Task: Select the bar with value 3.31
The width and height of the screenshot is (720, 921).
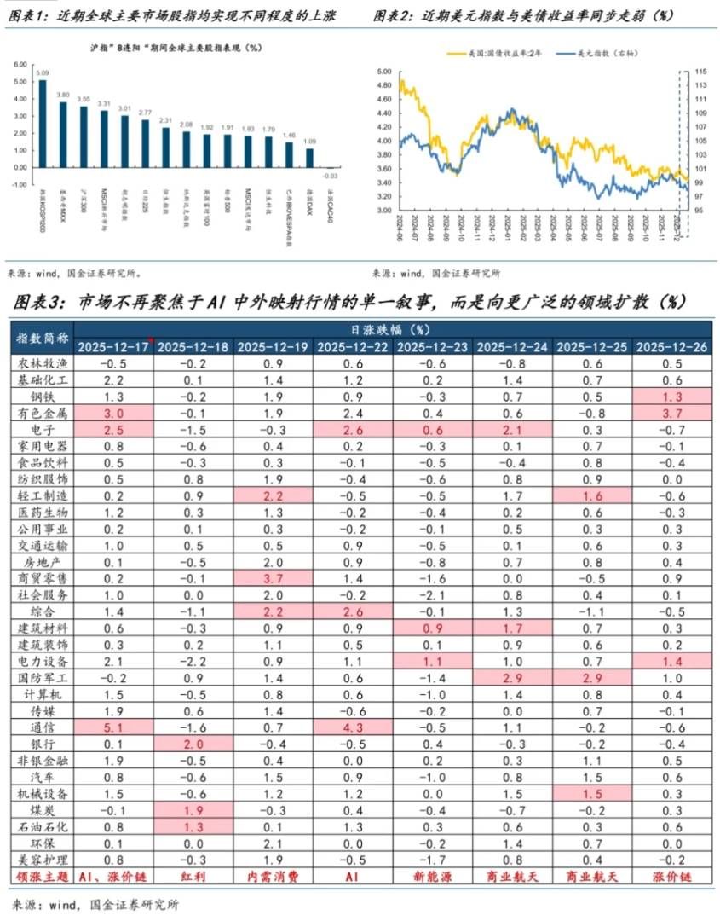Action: pos(104,138)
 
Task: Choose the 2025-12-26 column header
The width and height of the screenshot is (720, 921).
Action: pos(672,346)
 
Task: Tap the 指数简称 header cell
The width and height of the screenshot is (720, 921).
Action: pos(43,338)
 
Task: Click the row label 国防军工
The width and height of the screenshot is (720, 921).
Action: pos(43,679)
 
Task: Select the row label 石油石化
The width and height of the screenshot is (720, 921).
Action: pos(43,826)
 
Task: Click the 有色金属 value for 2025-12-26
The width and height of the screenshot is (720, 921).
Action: pos(672,412)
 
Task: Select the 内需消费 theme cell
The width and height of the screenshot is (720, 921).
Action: pos(272,876)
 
